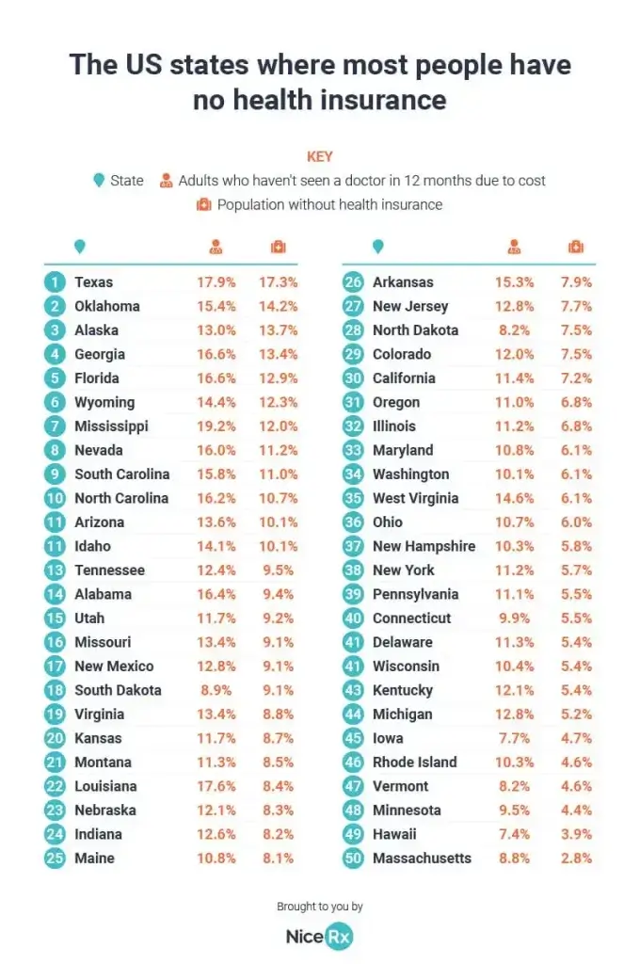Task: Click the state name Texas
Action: pyautogui.click(x=93, y=281)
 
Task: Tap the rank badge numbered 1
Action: pyautogui.click(x=56, y=281)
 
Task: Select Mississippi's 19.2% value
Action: pyautogui.click(x=216, y=426)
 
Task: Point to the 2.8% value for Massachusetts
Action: pyautogui.click(x=576, y=858)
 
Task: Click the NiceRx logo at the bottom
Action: pyautogui.click(x=319, y=937)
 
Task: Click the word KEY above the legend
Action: pyautogui.click(x=320, y=157)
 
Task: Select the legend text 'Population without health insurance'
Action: pyautogui.click(x=329, y=204)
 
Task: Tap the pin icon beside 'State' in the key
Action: pyautogui.click(x=99, y=181)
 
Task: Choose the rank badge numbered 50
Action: pyautogui.click(x=353, y=858)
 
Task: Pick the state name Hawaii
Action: pyautogui.click(x=394, y=834)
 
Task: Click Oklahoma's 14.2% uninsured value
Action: pyautogui.click(x=279, y=306)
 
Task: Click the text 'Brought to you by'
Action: pyautogui.click(x=320, y=907)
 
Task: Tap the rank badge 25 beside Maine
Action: pyautogui.click(x=56, y=858)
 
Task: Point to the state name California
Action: pyautogui.click(x=404, y=378)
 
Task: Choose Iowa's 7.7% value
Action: pyautogui.click(x=517, y=738)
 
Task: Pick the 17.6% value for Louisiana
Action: pyautogui.click(x=216, y=786)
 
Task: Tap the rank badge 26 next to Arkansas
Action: pyautogui.click(x=353, y=281)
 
